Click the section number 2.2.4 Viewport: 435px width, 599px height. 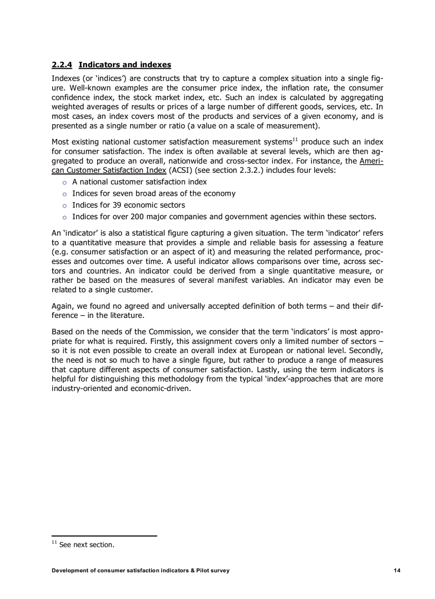pyautogui.click(x=62, y=65)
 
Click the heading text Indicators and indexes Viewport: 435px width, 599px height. pyautogui.click(x=125, y=65)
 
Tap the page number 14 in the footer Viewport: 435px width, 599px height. pyautogui.click(x=397, y=570)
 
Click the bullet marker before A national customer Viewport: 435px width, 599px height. pyautogui.click(x=64, y=182)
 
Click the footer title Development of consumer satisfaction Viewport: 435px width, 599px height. pyautogui.click(x=141, y=570)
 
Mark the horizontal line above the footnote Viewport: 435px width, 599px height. pyautogui.click(x=104, y=535)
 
